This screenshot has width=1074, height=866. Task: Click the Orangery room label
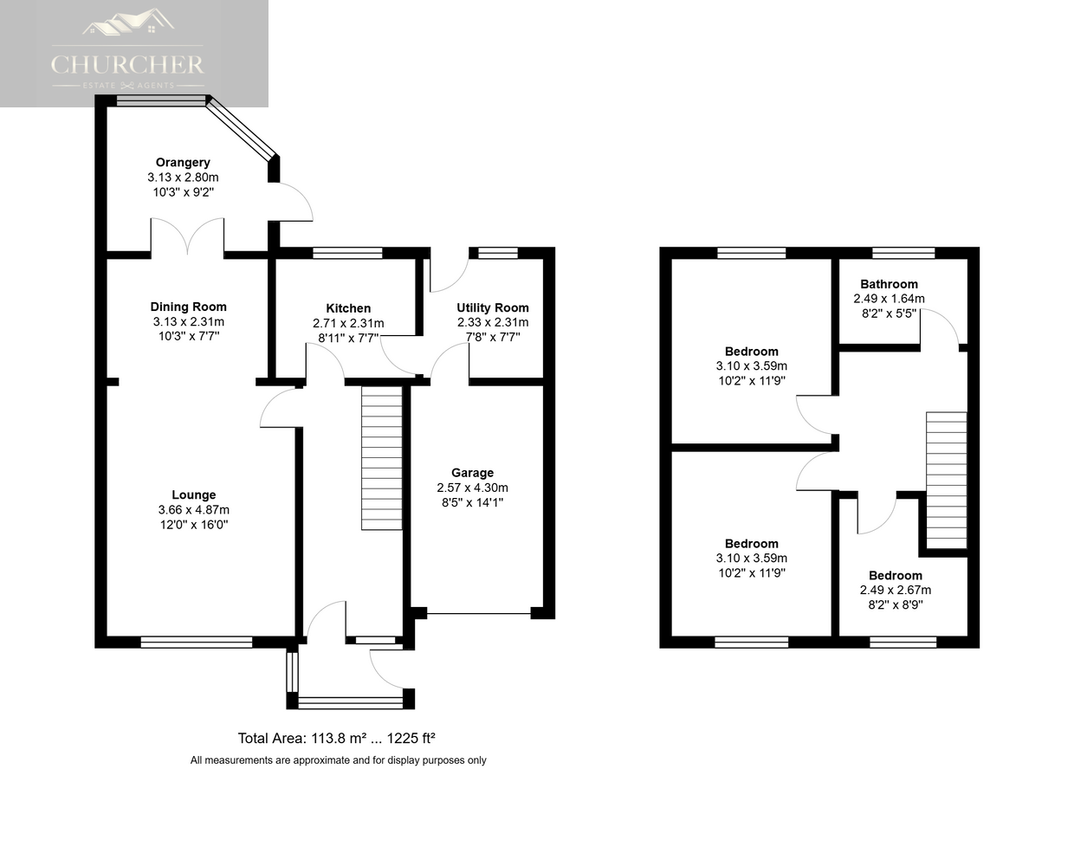click(x=183, y=162)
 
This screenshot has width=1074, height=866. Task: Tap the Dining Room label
click(x=188, y=307)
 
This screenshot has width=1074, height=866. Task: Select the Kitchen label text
click(x=348, y=308)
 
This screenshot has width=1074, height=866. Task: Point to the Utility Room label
click(x=493, y=307)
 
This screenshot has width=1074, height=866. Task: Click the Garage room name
click(x=472, y=473)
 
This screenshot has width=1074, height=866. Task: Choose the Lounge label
click(x=194, y=494)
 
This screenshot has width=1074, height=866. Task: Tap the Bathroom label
click(x=889, y=284)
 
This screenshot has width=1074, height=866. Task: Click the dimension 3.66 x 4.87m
click(x=194, y=509)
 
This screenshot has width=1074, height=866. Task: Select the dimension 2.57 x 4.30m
click(x=472, y=488)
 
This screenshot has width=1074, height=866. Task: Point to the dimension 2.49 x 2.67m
click(x=896, y=590)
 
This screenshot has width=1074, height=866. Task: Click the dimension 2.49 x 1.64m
click(x=889, y=299)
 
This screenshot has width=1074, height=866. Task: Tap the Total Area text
click(x=336, y=738)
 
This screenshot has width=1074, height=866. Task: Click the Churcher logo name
click(x=128, y=65)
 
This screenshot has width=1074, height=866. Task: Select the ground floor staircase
click(x=382, y=458)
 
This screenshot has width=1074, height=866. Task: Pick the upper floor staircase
click(x=946, y=480)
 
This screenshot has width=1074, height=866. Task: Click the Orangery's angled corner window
click(x=241, y=126)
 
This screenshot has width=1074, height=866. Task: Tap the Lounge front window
click(x=197, y=642)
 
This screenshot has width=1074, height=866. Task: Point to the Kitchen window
click(x=347, y=253)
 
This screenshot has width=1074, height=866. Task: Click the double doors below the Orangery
click(x=188, y=236)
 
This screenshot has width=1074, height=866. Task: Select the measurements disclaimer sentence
click(x=338, y=760)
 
